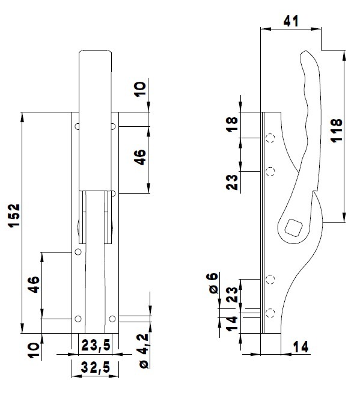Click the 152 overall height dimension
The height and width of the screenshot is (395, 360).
(14, 216)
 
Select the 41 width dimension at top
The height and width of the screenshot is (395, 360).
(291, 20)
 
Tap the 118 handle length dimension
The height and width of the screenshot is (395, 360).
(336, 130)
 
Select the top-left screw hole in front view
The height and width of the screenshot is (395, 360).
(77, 126)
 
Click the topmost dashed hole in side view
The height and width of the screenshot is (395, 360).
(270, 139)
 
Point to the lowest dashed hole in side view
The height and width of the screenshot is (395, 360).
(270, 311)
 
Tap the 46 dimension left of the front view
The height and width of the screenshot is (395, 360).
(34, 284)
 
